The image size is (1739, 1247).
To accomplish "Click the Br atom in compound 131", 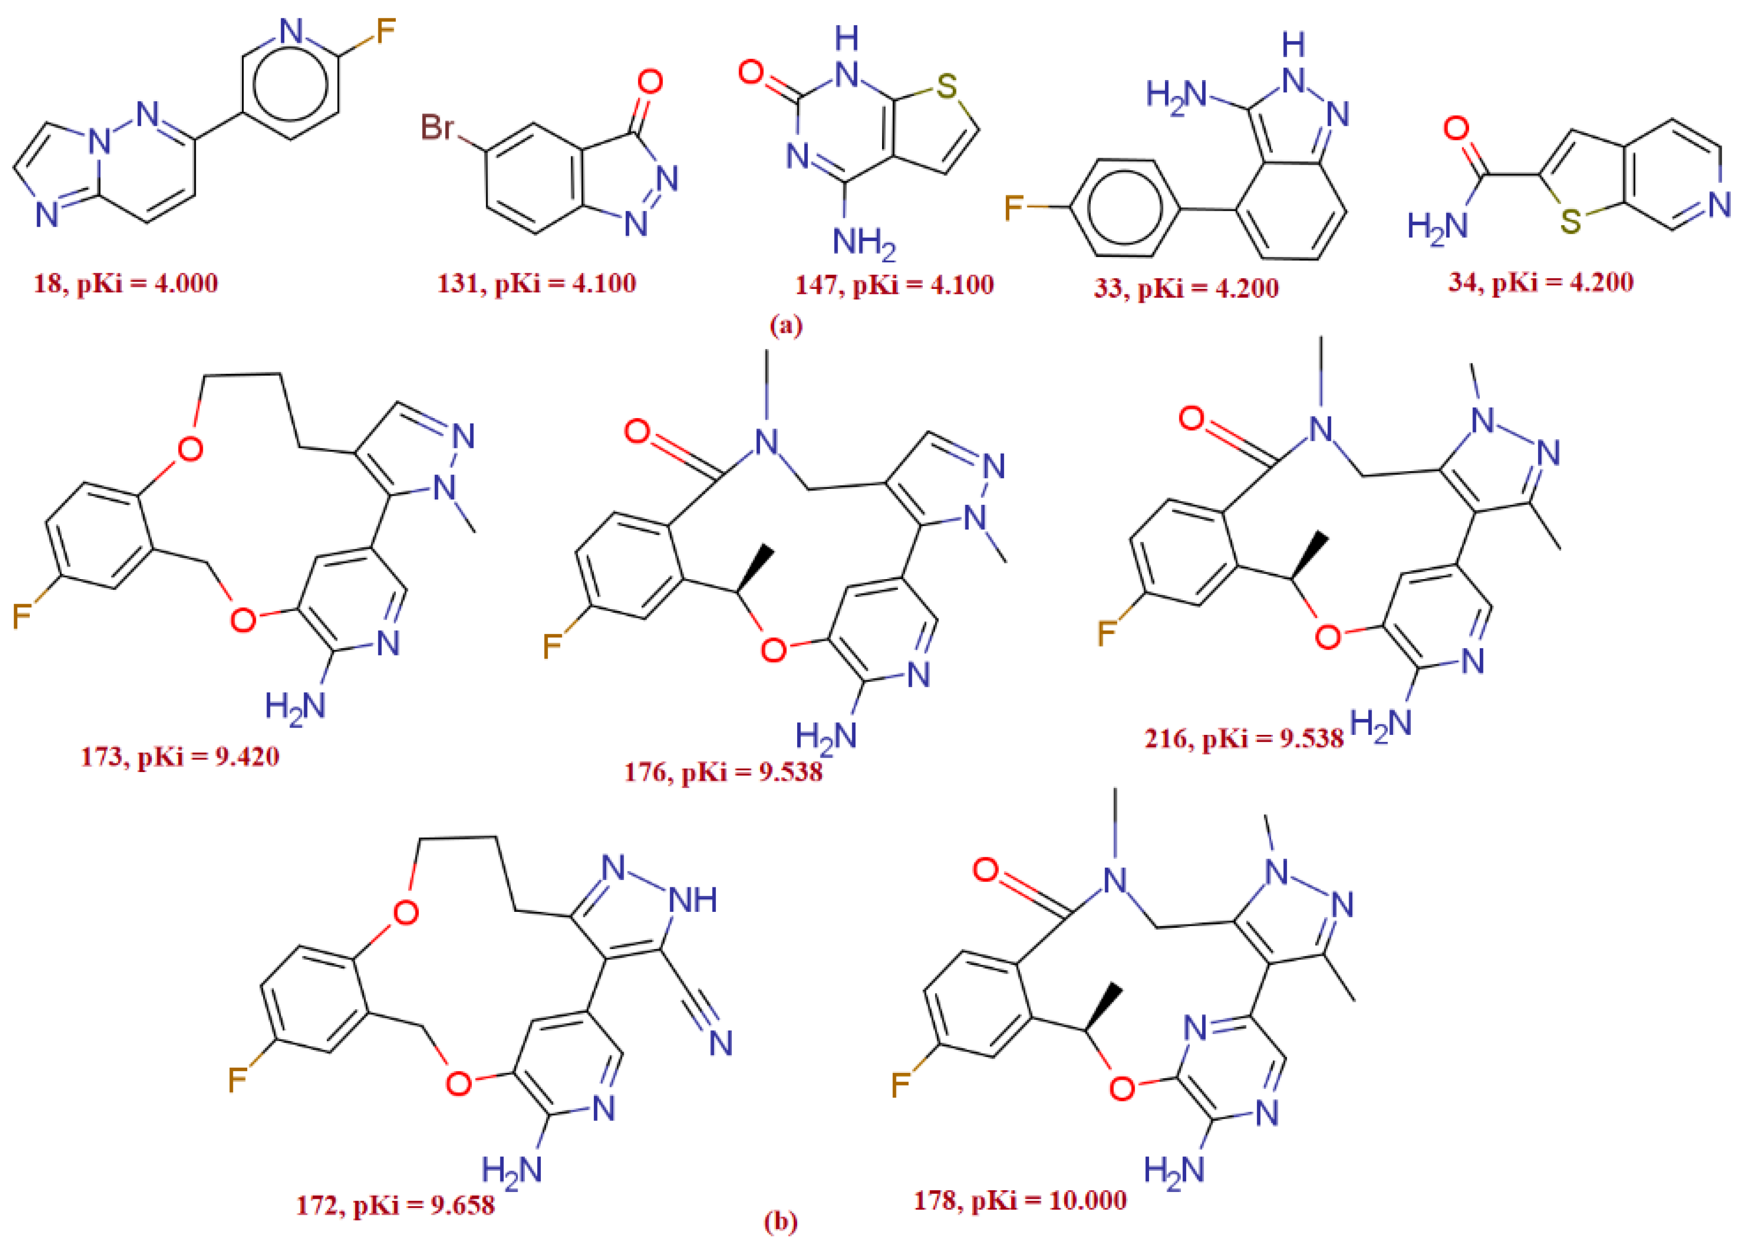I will [438, 126].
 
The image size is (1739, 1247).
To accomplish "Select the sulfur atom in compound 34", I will [1570, 222].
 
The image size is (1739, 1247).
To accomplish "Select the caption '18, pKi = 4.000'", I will [126, 283].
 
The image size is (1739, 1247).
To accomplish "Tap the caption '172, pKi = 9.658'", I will [396, 1206].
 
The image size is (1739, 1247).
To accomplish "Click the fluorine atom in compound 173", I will [22, 616].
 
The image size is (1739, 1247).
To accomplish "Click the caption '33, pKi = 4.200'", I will [1186, 288].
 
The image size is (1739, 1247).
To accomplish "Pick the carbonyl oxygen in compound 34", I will [1456, 128].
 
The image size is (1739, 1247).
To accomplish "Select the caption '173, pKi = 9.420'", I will [180, 757].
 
